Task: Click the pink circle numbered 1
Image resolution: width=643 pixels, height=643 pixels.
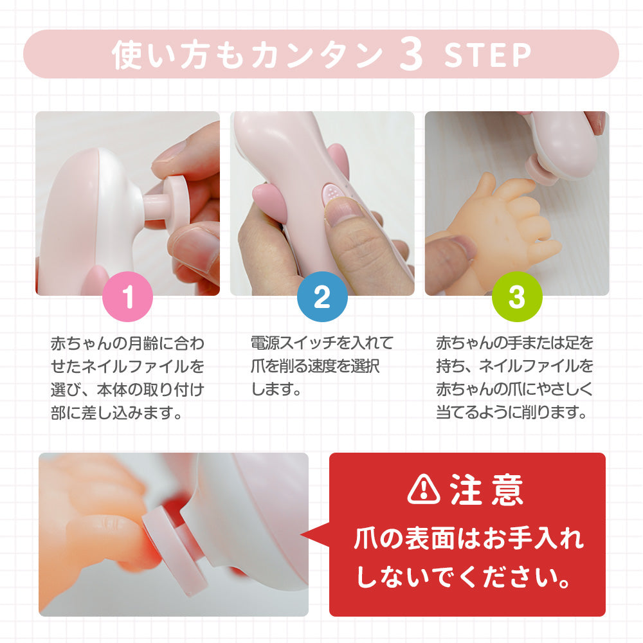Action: [x=127, y=296]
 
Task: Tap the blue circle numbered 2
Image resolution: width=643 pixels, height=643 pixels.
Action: [x=322, y=296]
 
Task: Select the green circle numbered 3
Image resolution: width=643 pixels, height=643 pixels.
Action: [x=517, y=296]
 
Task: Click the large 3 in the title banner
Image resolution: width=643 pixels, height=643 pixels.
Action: [x=411, y=55]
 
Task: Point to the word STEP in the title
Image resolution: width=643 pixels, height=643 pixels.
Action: [x=487, y=55]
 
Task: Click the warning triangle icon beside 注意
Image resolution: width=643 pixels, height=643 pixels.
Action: [x=424, y=489]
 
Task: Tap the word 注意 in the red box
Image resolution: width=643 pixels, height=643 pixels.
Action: [x=487, y=489]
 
